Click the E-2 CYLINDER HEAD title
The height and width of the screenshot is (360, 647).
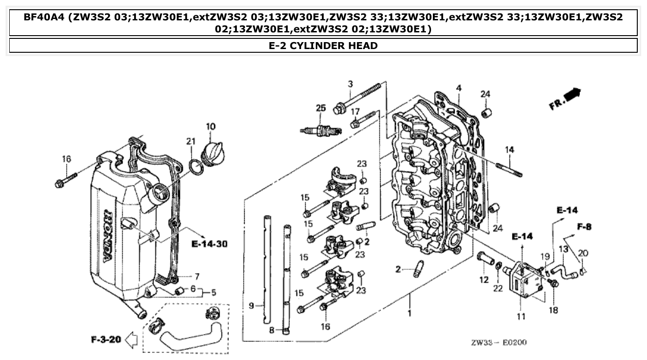(323, 46)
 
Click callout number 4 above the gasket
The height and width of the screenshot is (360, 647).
(458, 88)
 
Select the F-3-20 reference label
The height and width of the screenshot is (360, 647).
(105, 340)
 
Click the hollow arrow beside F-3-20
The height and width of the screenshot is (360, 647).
(132, 341)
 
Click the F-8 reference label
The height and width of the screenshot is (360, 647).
(584, 227)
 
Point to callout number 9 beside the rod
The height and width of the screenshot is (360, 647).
(251, 305)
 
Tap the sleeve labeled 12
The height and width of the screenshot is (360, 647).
(485, 260)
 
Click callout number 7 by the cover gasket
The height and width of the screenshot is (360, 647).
(197, 277)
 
